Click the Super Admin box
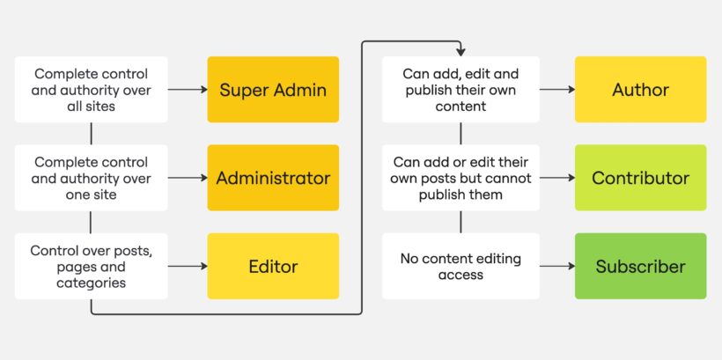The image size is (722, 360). pos(273,90)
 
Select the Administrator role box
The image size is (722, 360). pos(273,178)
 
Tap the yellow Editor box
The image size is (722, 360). pos(273,266)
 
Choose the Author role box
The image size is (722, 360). pos(640,90)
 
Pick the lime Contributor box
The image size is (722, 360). pos(640,178)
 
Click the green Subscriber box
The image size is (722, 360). pos(640,266)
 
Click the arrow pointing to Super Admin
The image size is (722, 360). pos(187,90)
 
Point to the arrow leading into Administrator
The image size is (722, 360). pos(187,178)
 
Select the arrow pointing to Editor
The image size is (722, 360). pos(187,266)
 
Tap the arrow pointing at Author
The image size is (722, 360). pos(556,90)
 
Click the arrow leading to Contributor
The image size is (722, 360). pos(556,178)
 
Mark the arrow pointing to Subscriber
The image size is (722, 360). pos(556,266)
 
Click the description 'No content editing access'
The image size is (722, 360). pos(460,266)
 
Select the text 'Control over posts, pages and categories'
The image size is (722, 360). pos(92,266)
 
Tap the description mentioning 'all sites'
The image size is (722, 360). pos(92,90)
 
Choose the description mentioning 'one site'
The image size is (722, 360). pos(92,178)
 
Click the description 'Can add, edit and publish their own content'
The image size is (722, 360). pos(460,90)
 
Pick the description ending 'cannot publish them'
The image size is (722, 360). pos(460,178)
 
